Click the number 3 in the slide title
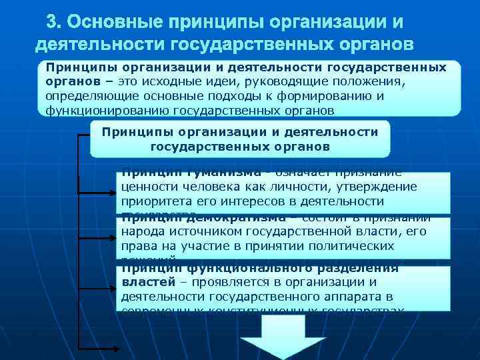click(53, 22)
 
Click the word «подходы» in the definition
click(281, 96)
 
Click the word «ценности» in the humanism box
click(148, 187)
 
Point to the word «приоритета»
click(155, 201)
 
